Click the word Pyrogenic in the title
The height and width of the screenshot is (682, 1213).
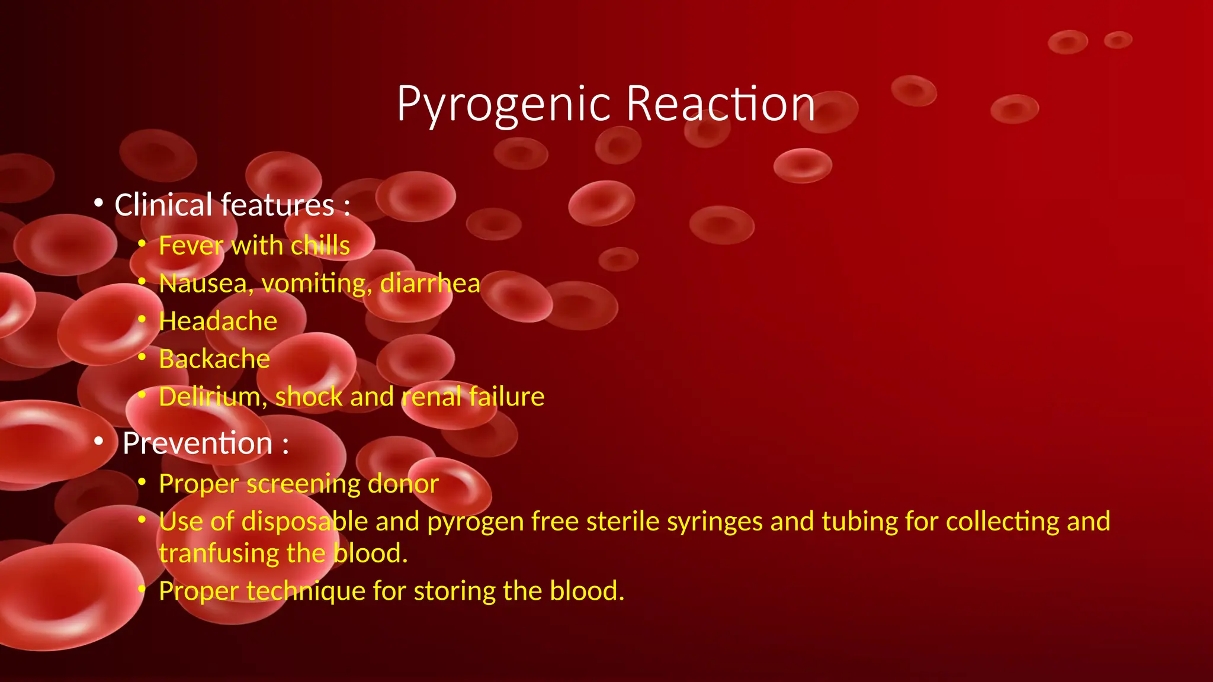(x=503, y=104)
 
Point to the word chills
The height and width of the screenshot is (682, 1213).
(x=320, y=246)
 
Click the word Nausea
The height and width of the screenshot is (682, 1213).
(x=202, y=284)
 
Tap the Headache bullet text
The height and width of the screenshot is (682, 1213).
(x=217, y=321)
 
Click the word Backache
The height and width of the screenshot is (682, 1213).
(x=214, y=359)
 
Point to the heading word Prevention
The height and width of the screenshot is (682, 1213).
(x=197, y=443)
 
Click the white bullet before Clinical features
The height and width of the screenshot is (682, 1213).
(x=99, y=204)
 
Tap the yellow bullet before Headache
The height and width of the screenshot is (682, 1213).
(x=142, y=320)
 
